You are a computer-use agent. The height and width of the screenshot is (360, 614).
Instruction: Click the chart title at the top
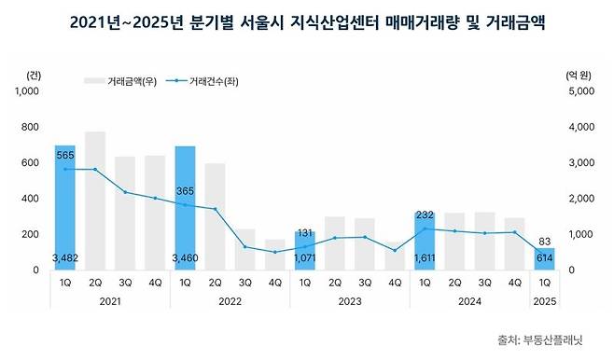(x=307, y=21)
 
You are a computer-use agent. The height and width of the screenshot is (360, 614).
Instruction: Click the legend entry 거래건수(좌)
(x=216, y=82)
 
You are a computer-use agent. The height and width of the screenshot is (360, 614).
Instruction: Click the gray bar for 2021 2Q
(x=94, y=201)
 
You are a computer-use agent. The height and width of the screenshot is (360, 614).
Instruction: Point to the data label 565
(x=64, y=156)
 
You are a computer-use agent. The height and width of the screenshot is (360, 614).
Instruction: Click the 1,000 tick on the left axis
(x=30, y=91)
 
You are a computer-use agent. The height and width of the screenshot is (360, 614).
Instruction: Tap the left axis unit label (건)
(x=35, y=74)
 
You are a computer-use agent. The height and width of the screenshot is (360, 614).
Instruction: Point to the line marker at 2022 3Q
(x=245, y=247)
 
